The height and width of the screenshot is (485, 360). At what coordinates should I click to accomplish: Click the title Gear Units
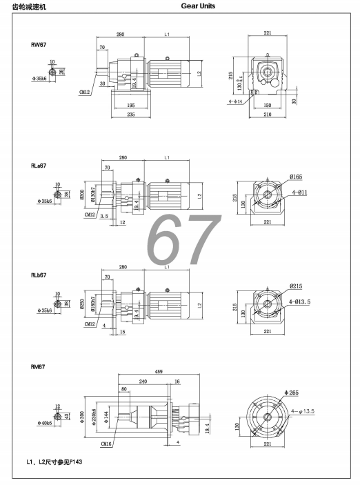[x=197, y=6]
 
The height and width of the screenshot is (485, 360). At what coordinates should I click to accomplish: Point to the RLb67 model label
[x=39, y=274]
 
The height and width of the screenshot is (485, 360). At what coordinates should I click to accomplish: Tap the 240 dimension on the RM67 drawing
[x=143, y=381]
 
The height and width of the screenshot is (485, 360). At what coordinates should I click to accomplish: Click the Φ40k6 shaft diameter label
[x=46, y=422]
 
